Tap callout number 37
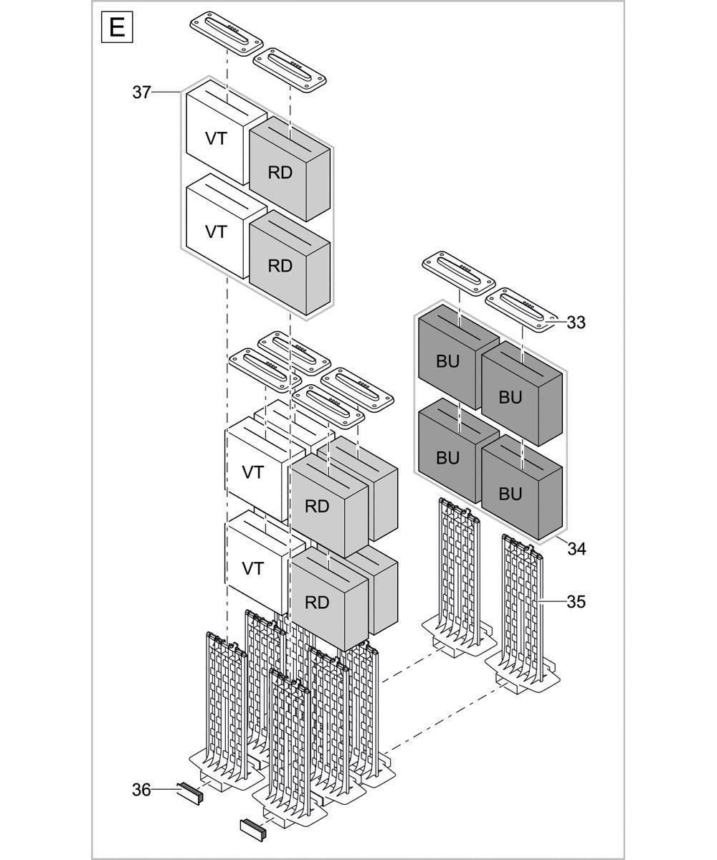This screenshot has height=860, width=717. click(141, 92)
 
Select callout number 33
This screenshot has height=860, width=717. click(575, 322)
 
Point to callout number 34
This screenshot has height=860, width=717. click(576, 549)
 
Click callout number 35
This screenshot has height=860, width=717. click(576, 602)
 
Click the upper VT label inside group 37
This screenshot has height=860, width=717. click(216, 138)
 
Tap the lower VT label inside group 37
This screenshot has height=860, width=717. click(216, 232)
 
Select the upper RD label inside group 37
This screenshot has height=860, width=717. click(280, 173)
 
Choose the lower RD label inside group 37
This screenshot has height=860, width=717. click(280, 265)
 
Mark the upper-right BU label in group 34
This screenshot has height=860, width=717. click(510, 397)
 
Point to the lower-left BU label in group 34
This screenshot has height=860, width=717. click(447, 458)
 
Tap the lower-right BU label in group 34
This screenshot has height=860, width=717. click(510, 494)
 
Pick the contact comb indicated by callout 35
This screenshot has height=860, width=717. click(523, 609)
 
